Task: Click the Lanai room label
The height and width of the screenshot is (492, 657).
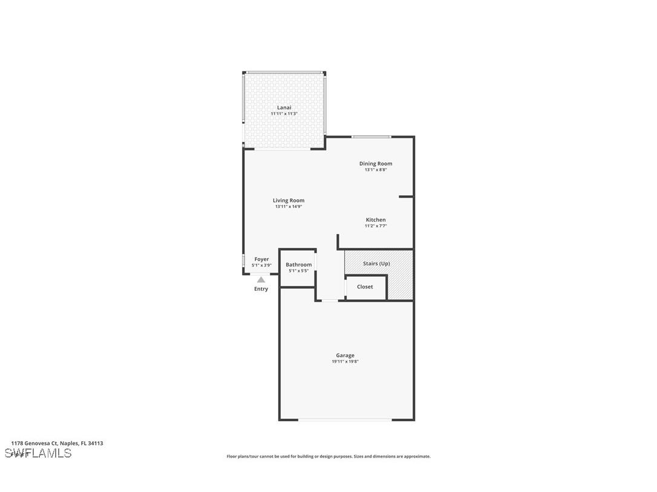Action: coord(284,108)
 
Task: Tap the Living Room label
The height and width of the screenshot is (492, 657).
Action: coord(288,200)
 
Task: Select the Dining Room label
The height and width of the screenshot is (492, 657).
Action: coord(376,163)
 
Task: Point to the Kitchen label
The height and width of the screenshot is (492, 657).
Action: coord(375,219)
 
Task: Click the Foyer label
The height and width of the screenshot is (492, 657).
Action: coord(261,259)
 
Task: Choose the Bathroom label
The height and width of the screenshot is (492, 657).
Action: coord(298,265)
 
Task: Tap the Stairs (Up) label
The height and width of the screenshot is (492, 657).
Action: coord(376,264)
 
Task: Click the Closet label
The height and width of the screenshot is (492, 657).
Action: coord(365,286)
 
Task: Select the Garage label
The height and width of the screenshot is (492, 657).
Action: coord(345,355)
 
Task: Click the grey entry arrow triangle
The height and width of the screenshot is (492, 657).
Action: coord(261,279)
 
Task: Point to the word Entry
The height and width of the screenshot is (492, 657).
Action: coord(261,289)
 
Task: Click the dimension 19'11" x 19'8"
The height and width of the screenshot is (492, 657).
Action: coord(345,361)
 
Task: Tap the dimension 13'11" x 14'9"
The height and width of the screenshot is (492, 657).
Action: coord(288,207)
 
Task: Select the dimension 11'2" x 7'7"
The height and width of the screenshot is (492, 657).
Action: coord(375,226)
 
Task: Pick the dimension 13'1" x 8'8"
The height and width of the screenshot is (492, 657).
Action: coord(376,170)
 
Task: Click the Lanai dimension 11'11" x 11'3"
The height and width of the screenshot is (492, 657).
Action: coord(284,114)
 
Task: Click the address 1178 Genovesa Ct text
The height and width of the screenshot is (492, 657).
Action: coord(57,443)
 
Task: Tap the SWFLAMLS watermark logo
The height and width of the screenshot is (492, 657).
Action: coord(38,453)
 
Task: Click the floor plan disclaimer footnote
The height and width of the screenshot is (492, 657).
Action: coord(328,456)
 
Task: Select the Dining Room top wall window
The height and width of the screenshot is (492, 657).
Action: coord(371,137)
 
